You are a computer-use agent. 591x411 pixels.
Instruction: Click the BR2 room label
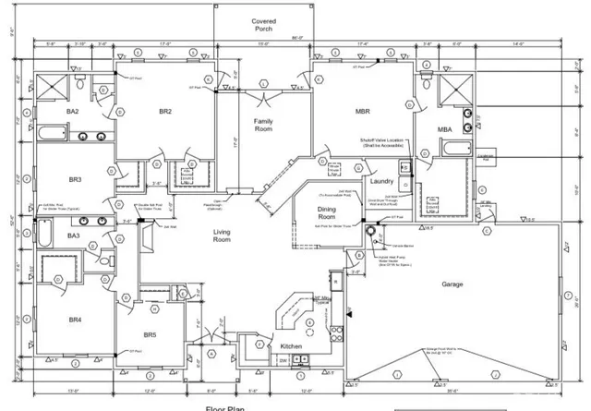(x=166, y=112)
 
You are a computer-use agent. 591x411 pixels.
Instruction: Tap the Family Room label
(x=265, y=126)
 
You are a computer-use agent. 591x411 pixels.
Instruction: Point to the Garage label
(x=452, y=284)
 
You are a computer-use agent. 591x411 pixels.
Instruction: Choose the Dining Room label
(x=319, y=214)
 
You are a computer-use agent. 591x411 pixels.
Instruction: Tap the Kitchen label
(x=292, y=346)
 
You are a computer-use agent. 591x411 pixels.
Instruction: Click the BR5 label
(x=153, y=334)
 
